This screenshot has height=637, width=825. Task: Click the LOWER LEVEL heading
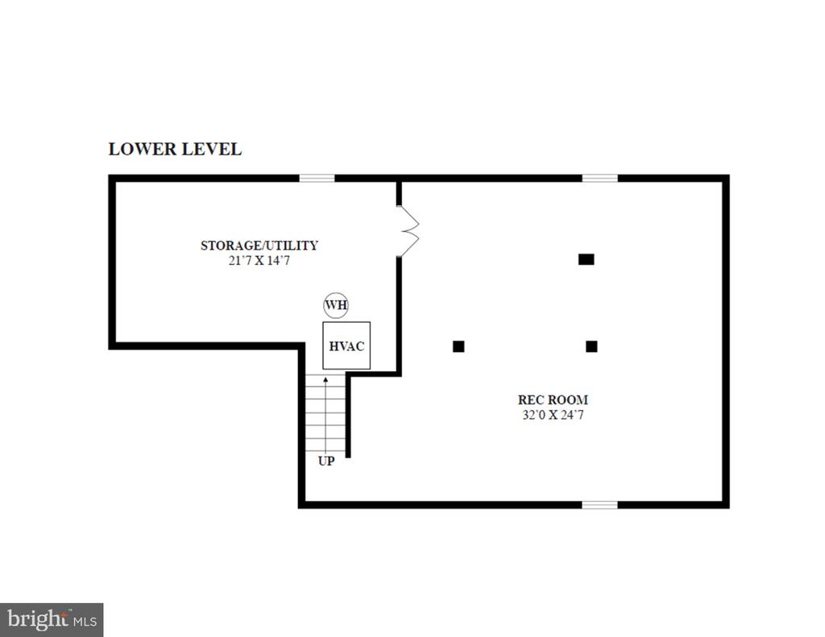click(x=175, y=150)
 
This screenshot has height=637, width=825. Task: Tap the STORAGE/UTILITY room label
click(x=259, y=246)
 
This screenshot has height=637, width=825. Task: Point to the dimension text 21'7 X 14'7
click(x=259, y=260)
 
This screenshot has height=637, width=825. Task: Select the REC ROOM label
click(x=553, y=399)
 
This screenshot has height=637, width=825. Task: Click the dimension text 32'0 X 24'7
click(x=553, y=415)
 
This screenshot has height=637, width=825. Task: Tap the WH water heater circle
click(x=336, y=305)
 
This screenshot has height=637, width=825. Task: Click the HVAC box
click(x=346, y=345)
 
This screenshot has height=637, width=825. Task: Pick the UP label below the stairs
click(x=326, y=461)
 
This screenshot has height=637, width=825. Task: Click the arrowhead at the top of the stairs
click(x=325, y=379)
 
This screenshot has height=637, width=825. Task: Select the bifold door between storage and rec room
click(x=408, y=231)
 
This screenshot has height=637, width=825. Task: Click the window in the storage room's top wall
click(x=317, y=178)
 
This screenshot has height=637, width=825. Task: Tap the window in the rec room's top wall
click(x=599, y=178)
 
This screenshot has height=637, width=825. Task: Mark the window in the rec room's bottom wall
click(x=599, y=505)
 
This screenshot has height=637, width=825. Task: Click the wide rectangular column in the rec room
click(x=587, y=259)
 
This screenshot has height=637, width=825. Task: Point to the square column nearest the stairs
click(x=458, y=346)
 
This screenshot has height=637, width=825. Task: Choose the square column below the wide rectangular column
click(x=591, y=346)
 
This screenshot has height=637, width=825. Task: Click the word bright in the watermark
click(x=38, y=619)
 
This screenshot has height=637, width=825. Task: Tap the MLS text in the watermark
click(x=85, y=622)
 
